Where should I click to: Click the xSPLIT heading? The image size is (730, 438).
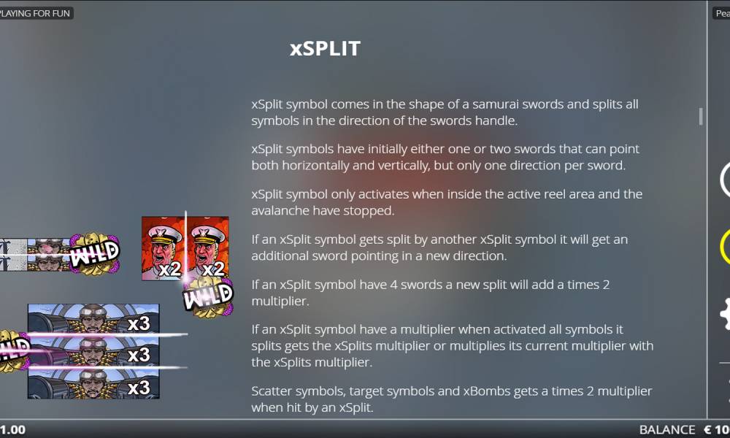click(x=325, y=48)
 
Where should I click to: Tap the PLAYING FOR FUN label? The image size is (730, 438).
click(x=35, y=13)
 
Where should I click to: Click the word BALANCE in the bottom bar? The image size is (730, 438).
click(x=667, y=430)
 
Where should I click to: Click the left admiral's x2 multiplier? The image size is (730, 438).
click(x=169, y=269)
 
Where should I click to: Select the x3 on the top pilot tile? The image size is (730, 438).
click(x=139, y=323)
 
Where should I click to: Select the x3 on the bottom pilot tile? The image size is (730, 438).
click(x=139, y=388)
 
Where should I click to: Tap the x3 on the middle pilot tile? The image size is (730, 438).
click(x=139, y=356)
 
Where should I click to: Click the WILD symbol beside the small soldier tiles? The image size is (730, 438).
click(x=94, y=254)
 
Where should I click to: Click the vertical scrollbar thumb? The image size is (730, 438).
click(x=701, y=116)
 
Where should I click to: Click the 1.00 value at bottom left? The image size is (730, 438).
click(x=12, y=430)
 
